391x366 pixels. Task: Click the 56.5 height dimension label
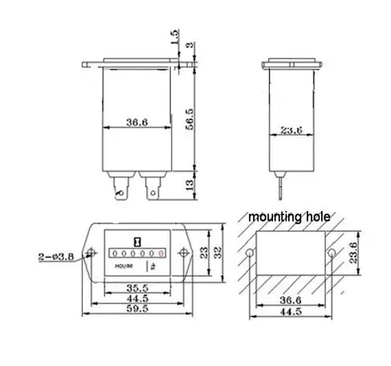(x=189, y=120)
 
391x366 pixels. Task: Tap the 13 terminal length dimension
(x=189, y=185)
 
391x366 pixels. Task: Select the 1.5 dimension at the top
(x=174, y=37)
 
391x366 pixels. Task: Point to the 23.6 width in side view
(x=291, y=130)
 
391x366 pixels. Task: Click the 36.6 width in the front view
(x=137, y=122)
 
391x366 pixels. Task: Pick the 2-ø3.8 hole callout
(x=56, y=257)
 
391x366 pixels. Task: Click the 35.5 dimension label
(x=137, y=288)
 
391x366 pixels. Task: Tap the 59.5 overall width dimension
(x=137, y=308)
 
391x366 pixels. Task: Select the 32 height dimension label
(x=218, y=253)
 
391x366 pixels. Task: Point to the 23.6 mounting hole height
(x=353, y=253)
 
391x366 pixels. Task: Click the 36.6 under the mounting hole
(x=291, y=300)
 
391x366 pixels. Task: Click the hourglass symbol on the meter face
(x=137, y=242)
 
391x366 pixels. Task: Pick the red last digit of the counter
(x=161, y=253)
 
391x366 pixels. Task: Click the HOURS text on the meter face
(x=124, y=266)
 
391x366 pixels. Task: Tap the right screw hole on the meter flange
(x=183, y=253)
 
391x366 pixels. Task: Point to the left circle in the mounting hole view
(x=250, y=253)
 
